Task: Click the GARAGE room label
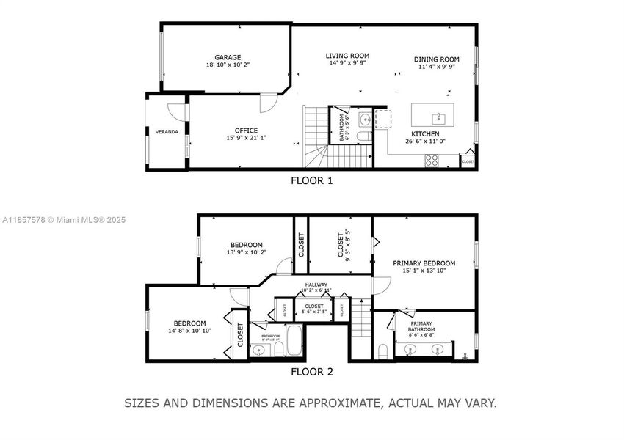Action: click(x=228, y=57)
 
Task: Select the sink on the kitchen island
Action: click(x=438, y=115)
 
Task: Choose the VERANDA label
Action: click(x=167, y=132)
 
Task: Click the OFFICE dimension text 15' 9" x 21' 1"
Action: click(x=246, y=138)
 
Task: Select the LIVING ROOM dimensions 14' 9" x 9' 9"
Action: click(x=347, y=64)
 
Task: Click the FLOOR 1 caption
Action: click(x=311, y=180)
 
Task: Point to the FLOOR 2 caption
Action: click(x=311, y=372)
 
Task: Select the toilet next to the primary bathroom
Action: click(x=382, y=351)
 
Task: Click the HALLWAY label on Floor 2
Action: click(x=316, y=285)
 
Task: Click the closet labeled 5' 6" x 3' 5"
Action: click(x=314, y=309)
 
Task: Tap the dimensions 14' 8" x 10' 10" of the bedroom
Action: click(x=189, y=331)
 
